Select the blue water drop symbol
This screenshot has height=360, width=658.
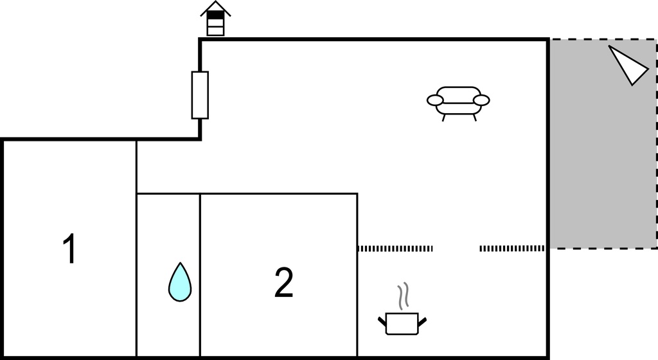click(x=180, y=282)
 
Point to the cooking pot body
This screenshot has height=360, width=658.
click(x=402, y=323)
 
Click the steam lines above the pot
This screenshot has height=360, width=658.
click(x=404, y=296)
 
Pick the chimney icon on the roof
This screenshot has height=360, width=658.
click(x=215, y=19)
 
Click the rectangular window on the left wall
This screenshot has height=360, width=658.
click(x=200, y=95)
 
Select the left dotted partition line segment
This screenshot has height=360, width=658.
click(x=395, y=249)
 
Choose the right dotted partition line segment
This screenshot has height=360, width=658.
click(x=512, y=249)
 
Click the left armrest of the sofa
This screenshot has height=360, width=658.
click(x=435, y=100)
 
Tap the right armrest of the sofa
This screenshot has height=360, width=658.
click(x=481, y=100)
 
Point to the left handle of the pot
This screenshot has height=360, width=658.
click(x=382, y=322)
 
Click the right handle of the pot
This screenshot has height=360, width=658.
click(x=422, y=322)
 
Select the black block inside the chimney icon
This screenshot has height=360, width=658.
click(x=215, y=15)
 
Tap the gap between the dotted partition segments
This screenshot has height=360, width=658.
click(x=456, y=249)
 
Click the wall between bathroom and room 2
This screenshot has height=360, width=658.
click(x=200, y=275)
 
